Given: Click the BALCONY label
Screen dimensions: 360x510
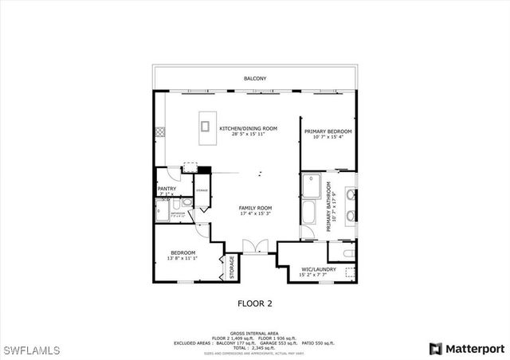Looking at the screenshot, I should (x=255, y=79).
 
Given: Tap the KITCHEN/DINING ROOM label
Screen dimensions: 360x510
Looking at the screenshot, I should (x=249, y=128).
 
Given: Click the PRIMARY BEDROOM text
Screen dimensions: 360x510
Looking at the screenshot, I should (x=328, y=131).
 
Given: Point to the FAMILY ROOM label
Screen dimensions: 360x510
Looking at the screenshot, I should (x=255, y=208).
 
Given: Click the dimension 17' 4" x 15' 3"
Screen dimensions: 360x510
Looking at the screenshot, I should (x=255, y=213).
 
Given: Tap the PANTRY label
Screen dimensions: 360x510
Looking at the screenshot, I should (x=166, y=189).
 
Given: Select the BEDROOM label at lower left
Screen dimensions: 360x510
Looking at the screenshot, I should (x=182, y=252).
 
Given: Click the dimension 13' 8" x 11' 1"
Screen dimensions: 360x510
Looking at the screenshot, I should (x=182, y=258).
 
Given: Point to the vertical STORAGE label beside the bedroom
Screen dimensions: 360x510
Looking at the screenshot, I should (x=232, y=268).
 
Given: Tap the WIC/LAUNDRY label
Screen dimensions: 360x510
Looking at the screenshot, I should (x=317, y=269).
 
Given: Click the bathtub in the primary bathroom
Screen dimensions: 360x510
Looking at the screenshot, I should (x=311, y=213).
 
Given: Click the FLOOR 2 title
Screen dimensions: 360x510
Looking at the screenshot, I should (x=255, y=303).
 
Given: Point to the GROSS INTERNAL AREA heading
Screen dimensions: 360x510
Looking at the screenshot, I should (x=255, y=333).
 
